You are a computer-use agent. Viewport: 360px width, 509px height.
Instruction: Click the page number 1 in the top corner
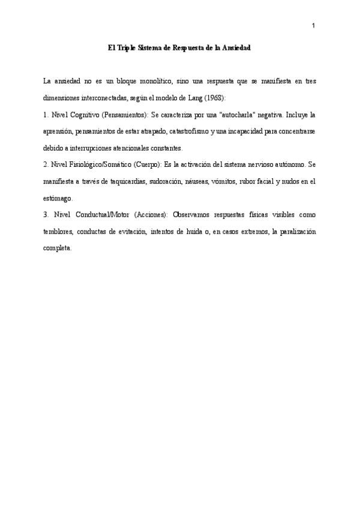(x=314, y=25)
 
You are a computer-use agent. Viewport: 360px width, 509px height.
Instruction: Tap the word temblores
(x=59, y=231)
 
